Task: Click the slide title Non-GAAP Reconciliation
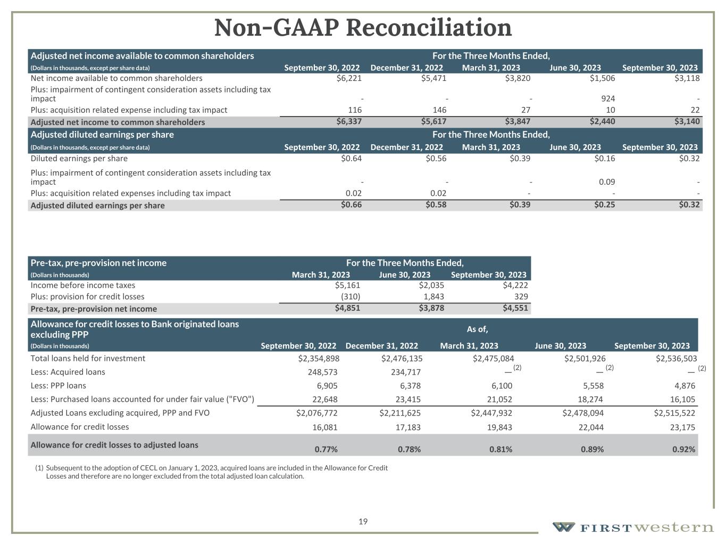[x=363, y=28]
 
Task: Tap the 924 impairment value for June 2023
[x=607, y=98]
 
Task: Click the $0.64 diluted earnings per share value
[x=351, y=159]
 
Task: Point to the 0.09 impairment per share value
[x=607, y=182]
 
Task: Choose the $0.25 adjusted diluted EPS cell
[x=604, y=205]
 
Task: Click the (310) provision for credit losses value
[x=350, y=296]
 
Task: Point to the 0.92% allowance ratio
[x=684, y=449]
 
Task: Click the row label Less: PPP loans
[x=58, y=385]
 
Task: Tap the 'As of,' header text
[x=477, y=329]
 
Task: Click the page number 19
[x=363, y=522]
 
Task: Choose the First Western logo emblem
[x=563, y=527]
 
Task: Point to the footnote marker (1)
[x=39, y=468]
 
